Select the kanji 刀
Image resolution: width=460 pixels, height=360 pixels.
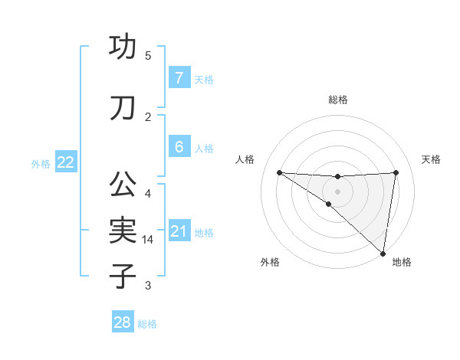[x=123, y=108]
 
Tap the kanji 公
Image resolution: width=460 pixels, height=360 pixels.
[x=123, y=185]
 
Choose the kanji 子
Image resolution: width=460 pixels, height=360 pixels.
[x=123, y=275]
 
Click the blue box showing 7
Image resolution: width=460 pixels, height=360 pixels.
[x=179, y=78]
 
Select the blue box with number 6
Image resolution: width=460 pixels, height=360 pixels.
[x=179, y=147]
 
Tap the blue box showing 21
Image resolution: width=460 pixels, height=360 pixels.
[x=179, y=231]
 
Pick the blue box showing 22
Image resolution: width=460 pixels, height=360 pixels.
[x=66, y=162]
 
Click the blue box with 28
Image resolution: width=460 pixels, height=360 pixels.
[x=122, y=322]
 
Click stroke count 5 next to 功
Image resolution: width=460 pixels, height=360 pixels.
[x=148, y=56]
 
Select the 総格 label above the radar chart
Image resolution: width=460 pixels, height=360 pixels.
[x=338, y=100]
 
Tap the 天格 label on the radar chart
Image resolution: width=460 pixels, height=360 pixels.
[x=432, y=159]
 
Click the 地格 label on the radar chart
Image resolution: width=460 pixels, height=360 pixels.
[x=402, y=262]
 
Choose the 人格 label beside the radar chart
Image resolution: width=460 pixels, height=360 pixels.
[x=245, y=159]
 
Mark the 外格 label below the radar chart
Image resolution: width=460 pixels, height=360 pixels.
[x=270, y=262]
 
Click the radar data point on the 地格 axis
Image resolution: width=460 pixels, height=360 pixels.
[x=383, y=253]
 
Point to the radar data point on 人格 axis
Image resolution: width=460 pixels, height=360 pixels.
[x=279, y=172]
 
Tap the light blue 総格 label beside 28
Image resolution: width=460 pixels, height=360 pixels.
[x=147, y=324]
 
